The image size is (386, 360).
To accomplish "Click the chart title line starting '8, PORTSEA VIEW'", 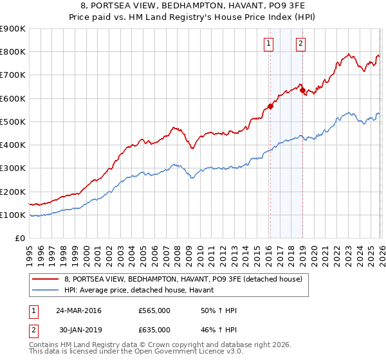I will (193, 6).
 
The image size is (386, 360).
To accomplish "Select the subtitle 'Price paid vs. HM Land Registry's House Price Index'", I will (193, 17).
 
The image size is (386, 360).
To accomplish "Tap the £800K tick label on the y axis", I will (13, 52).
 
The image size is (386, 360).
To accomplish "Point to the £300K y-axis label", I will (13, 168).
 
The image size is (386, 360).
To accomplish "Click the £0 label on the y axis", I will (20, 239).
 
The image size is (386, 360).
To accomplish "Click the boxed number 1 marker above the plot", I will (268, 44).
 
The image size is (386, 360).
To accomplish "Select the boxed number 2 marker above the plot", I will (300, 44).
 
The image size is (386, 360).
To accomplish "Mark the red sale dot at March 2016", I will (270, 107).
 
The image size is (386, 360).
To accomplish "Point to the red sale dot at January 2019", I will (302, 91).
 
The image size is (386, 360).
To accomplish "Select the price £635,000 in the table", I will (154, 330).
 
